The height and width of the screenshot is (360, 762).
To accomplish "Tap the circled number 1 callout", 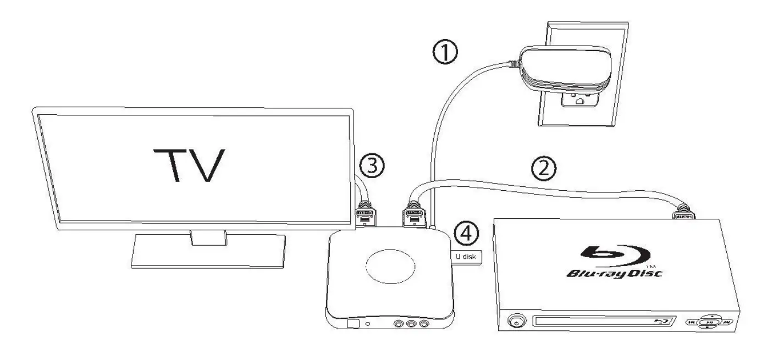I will point(444,54).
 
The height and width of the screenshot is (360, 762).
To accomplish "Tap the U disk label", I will point(467,256).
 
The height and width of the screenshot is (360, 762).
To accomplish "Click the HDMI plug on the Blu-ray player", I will point(683,214).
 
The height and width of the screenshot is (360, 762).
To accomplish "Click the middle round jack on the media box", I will point(410,325).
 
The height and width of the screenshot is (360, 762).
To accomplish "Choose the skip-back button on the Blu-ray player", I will point(692,322).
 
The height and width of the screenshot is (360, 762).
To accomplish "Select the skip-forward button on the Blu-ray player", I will point(727,322).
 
